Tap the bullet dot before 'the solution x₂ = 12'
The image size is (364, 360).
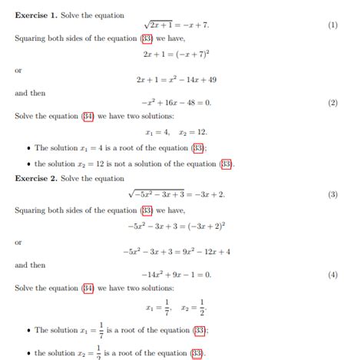pyautogui.click(x=28, y=164)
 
